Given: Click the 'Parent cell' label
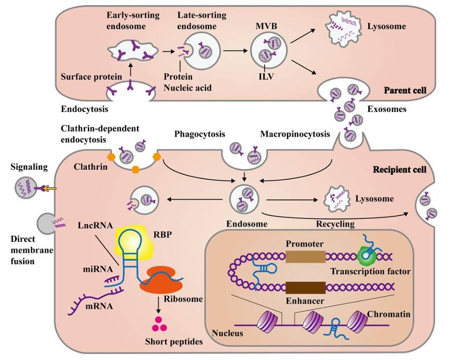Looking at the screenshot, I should point(405,91).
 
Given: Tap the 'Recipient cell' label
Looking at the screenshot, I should point(399,170).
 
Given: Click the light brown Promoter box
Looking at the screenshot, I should point(305,257).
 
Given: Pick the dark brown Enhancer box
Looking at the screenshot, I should point(305,288).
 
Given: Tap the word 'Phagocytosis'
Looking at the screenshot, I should point(199,135).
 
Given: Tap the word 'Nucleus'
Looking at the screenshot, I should point(228,333).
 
